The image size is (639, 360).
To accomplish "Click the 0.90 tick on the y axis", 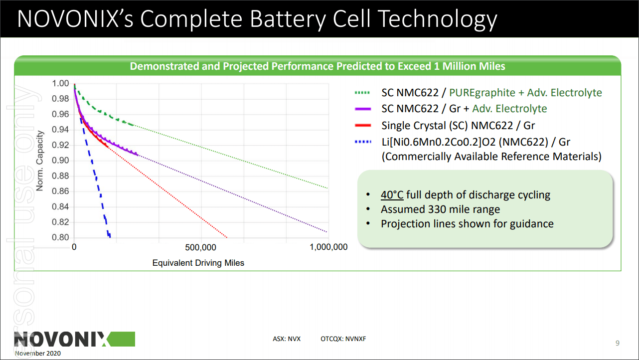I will pyautogui.click(x=60, y=161).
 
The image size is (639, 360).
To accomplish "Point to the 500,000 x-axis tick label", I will pyautogui.click(x=200, y=247).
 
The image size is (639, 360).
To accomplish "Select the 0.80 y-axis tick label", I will pyautogui.click(x=60, y=238).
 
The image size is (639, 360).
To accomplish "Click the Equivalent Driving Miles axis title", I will pyautogui.click(x=198, y=262).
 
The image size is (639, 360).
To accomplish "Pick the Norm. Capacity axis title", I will pyautogui.click(x=40, y=161).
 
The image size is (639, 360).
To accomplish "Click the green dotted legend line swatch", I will pyautogui.click(x=362, y=93).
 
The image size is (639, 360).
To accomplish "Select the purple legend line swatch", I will pyautogui.click(x=362, y=109).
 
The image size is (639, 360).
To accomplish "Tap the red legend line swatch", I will pyautogui.click(x=362, y=126).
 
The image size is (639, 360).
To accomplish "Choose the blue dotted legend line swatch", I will pyautogui.click(x=362, y=142).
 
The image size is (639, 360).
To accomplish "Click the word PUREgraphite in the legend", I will pyautogui.click(x=482, y=93).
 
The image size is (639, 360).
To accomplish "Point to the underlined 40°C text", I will pyautogui.click(x=392, y=195).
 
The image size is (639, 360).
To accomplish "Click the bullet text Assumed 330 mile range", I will pyautogui.click(x=440, y=209).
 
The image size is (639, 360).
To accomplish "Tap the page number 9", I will pyautogui.click(x=618, y=343).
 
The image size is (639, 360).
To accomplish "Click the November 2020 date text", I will pyautogui.click(x=38, y=354).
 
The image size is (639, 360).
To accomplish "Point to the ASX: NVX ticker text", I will pyautogui.click(x=287, y=339).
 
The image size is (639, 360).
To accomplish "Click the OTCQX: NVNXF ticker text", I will pyautogui.click(x=343, y=339).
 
